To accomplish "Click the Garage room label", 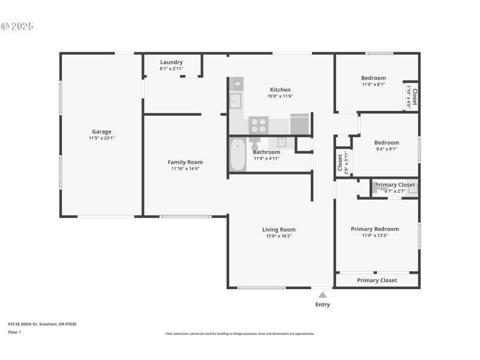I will pyautogui.click(x=101, y=132).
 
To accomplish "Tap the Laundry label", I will pyautogui.click(x=172, y=62).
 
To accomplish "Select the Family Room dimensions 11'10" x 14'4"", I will pyautogui.click(x=185, y=169).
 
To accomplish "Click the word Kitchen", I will pyautogui.click(x=280, y=90).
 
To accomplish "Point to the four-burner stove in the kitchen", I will pyautogui.click(x=259, y=125).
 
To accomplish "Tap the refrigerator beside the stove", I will pyautogui.click(x=299, y=124).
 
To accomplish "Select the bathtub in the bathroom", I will pyautogui.click(x=238, y=155).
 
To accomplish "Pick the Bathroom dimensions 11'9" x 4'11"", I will pyautogui.click(x=266, y=158).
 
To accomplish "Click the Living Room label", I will pyautogui.click(x=279, y=229).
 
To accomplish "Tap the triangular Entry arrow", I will pyautogui.click(x=323, y=295).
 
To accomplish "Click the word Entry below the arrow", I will pyautogui.click(x=323, y=305).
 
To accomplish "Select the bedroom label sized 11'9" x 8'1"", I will pyautogui.click(x=373, y=78).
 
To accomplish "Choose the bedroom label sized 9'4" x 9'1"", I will pyautogui.click(x=386, y=143).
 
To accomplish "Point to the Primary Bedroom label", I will pyautogui.click(x=375, y=229).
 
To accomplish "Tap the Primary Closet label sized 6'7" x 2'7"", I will pyautogui.click(x=395, y=185).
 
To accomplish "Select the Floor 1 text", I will pyautogui.click(x=14, y=332).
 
